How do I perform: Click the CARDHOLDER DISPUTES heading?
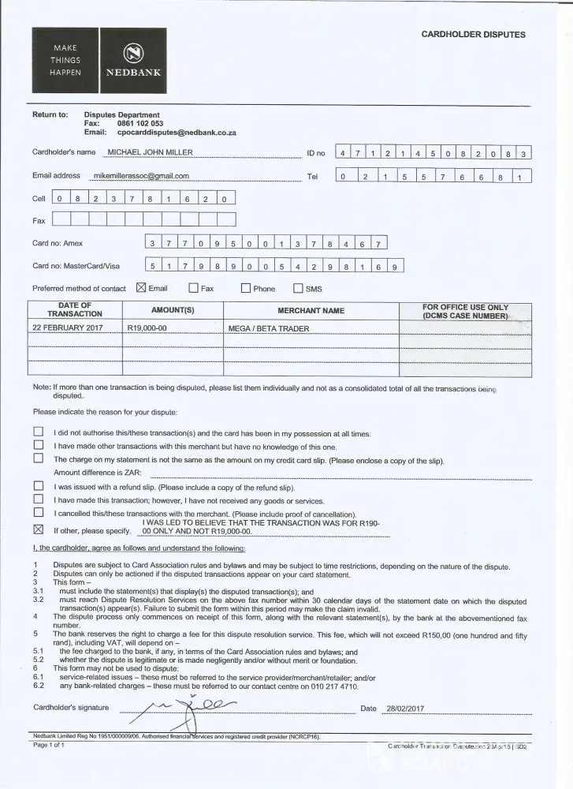pos(473,35)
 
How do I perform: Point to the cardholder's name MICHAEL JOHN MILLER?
pos(150,152)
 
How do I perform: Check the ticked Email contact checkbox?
pos(142,288)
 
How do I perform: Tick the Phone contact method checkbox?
pos(245,288)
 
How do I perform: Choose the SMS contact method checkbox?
pos(298,288)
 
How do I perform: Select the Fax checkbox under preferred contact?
pos(193,288)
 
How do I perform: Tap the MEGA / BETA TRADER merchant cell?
pos(268,327)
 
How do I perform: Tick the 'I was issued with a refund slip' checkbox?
pos(38,487)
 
